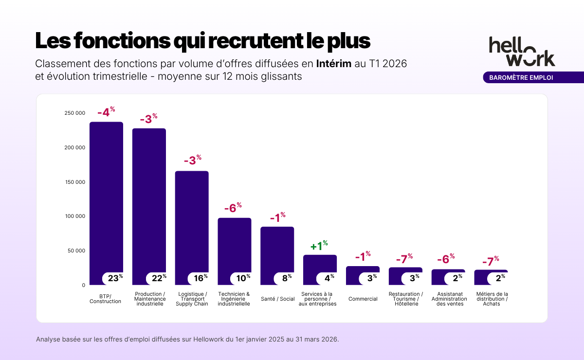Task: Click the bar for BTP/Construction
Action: coord(106,195)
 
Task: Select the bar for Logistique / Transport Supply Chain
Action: coord(192,219)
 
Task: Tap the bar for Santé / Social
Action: coord(277,248)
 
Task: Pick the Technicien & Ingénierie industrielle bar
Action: coord(234,243)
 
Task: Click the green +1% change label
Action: coord(319,246)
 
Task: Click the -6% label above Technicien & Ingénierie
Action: coord(233,208)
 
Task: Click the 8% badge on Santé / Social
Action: coord(286,278)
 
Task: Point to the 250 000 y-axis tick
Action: coord(74,113)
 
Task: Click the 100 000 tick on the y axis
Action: coord(74,216)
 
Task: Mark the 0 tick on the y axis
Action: coord(83,286)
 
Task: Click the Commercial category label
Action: coord(363,299)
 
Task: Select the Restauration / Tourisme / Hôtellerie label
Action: coord(405,299)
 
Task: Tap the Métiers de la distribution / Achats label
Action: coord(491,299)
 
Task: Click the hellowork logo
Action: coord(522,51)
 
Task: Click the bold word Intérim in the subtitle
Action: coord(333,64)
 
